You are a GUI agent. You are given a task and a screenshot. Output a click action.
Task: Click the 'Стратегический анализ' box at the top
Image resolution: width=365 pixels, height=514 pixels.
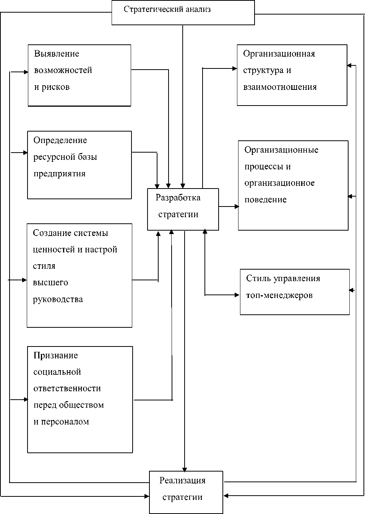coord(183,13)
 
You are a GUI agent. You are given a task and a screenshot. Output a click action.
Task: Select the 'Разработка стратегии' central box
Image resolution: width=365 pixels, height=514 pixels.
coord(183,209)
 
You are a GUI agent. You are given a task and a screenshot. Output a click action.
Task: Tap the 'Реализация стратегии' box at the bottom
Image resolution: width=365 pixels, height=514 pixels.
coord(186,492)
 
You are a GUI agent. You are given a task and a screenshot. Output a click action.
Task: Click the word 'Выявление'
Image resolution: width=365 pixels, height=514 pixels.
coord(57,54)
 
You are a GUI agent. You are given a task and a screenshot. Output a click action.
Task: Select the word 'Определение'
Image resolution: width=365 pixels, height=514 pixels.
coord(60,140)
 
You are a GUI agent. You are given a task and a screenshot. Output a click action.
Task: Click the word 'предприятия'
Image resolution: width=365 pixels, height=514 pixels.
coord(59,174)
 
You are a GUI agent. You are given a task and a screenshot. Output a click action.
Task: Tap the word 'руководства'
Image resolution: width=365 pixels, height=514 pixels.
coord(58,299)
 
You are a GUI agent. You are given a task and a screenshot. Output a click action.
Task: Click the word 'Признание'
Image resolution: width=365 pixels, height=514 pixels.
coord(55,355)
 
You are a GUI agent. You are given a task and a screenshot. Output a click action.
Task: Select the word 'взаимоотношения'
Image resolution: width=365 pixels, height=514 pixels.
coord(280,87)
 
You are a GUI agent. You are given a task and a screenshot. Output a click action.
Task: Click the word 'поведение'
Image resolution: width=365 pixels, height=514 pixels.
coord(265,200)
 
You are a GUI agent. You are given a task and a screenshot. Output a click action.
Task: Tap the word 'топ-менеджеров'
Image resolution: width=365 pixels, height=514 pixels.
coord(279,295)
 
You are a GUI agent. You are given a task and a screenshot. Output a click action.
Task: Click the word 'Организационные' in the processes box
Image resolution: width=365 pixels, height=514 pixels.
coord(281,150)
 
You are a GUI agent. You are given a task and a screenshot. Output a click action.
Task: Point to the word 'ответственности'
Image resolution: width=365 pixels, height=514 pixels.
coord(67,389)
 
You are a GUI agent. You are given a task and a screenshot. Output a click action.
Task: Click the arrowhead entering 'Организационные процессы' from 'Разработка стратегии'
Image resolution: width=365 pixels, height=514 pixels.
coord(237,207)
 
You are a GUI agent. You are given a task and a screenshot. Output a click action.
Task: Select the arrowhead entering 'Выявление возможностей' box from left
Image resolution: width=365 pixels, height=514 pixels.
coord(26,72)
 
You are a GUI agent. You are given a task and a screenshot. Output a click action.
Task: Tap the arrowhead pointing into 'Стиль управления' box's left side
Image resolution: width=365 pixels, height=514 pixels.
coord(237,295)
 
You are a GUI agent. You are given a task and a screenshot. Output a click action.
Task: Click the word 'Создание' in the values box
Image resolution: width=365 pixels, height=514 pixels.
coord(49,233)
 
